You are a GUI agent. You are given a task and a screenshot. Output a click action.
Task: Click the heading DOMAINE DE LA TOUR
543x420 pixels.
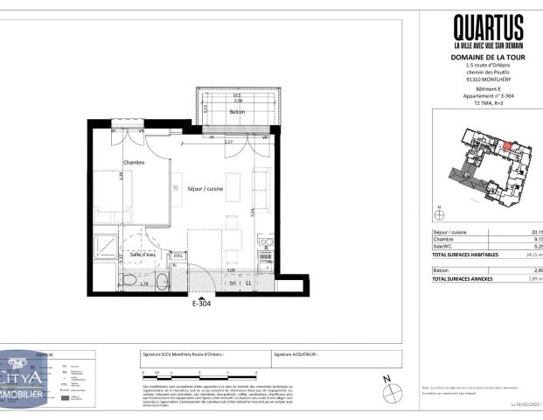pyautogui.click(x=488, y=58)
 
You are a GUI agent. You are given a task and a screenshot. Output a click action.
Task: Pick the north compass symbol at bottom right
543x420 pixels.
pyautogui.click(x=388, y=386)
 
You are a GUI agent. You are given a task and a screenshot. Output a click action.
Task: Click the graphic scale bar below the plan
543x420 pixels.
pyautogui.click(x=175, y=377)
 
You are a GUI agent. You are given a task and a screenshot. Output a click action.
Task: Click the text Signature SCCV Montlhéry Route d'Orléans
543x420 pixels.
pyautogui.click(x=183, y=355)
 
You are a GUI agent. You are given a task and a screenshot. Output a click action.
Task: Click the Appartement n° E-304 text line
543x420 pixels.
pyautogui.click(x=488, y=96)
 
